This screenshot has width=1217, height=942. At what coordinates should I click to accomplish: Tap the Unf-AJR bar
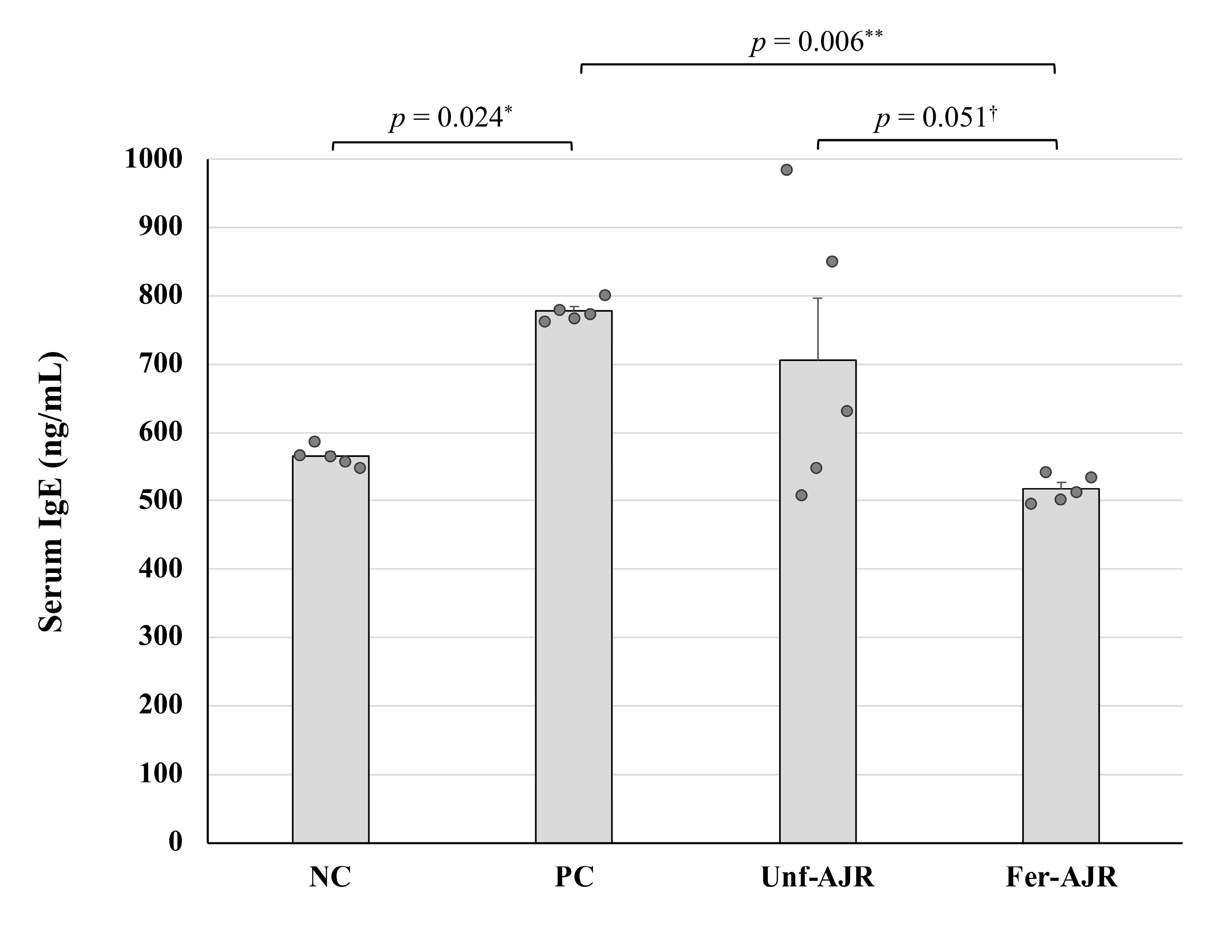[x=818, y=602]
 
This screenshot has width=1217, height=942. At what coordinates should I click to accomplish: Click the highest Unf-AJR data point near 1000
[x=786, y=170]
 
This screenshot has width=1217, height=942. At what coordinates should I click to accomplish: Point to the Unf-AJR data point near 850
[x=832, y=261]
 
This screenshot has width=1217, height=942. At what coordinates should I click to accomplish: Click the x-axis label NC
[x=330, y=877]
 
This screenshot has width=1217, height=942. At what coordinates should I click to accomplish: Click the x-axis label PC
[x=574, y=877]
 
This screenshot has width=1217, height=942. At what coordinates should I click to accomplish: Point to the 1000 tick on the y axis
[x=153, y=159]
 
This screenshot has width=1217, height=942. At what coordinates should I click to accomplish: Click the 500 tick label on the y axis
[x=160, y=500]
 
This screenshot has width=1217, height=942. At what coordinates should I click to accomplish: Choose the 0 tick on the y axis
[x=175, y=842]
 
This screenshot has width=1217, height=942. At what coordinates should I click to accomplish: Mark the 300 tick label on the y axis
[x=160, y=637]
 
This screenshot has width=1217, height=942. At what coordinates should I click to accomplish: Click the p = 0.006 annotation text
[x=816, y=42]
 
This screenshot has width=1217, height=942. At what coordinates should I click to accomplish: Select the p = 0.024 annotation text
[x=450, y=118]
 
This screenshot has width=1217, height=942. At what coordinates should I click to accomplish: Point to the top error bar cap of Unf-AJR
[x=818, y=299]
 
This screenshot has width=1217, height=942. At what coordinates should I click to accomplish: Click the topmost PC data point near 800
[x=605, y=295]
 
